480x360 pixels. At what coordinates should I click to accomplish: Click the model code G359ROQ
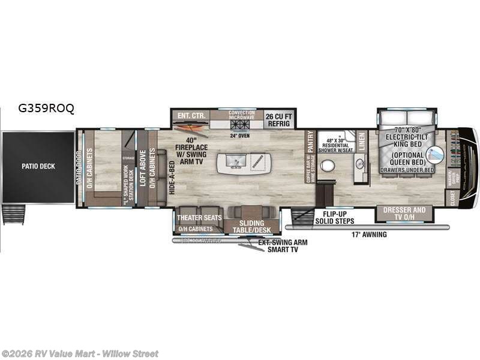[46, 109]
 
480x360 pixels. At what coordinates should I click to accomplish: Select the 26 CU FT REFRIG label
[278, 119]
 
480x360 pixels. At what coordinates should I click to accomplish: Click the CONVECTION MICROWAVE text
[242, 115]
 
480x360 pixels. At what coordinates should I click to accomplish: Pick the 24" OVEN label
[240, 135]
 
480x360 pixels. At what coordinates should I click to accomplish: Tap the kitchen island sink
[233, 162]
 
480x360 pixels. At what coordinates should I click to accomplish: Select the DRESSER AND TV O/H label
[420, 214]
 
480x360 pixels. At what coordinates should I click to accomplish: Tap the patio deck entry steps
[13, 214]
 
